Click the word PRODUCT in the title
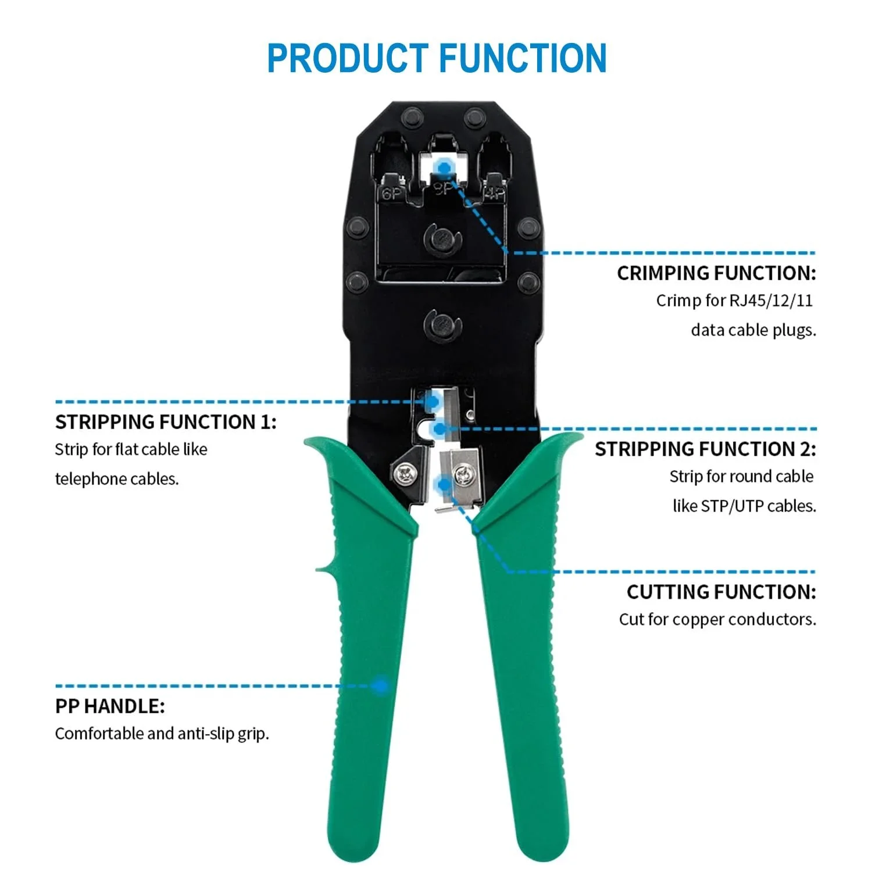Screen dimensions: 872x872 [x=348, y=58]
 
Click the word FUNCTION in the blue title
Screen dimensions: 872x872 [x=523, y=58]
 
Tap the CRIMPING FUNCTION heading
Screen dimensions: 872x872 [x=716, y=273]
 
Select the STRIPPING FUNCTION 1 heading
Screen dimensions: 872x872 [x=166, y=421]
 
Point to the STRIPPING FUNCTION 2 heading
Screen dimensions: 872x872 [x=705, y=449]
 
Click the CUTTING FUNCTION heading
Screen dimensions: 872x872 [x=721, y=592]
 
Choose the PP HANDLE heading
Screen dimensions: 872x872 [x=110, y=706]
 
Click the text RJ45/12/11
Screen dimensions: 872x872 [x=770, y=301]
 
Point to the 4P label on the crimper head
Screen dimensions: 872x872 [x=495, y=194]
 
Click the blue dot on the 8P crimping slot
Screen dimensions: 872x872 [x=445, y=169]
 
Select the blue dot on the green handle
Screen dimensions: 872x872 [x=381, y=686]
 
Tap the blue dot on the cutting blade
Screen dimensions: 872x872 [x=445, y=484]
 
